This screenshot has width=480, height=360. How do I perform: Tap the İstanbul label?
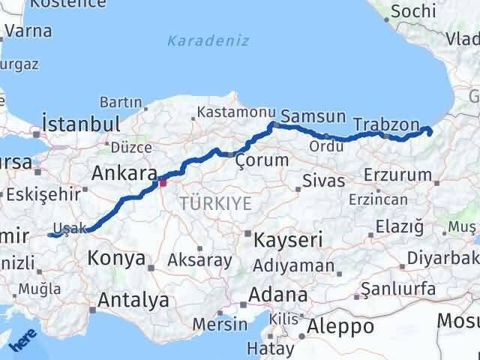coord(82,124)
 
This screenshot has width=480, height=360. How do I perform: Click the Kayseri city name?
coord(288,240)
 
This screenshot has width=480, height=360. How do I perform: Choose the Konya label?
coord(116,259)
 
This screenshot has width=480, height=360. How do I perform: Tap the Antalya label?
coord(133,301)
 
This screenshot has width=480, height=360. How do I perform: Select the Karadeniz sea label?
coord(208,40)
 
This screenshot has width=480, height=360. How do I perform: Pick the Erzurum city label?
coord(397,175)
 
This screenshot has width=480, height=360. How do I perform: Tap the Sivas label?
coord(324,181)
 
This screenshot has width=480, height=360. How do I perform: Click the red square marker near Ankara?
coord(162,181)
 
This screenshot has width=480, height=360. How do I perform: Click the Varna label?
coord(28,31)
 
